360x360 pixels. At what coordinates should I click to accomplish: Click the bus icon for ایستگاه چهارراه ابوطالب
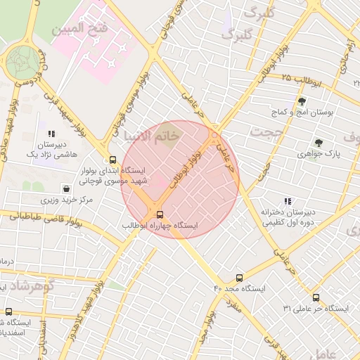point(160,214)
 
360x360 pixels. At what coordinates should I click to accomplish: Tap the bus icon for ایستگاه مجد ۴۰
point(240,277)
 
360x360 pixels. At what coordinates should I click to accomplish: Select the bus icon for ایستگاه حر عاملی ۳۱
point(316,297)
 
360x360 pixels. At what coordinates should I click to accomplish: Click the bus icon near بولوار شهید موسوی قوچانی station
point(113,160)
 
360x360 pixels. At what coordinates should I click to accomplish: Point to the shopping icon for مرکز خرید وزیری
point(66,188)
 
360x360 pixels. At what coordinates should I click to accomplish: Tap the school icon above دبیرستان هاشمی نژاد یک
point(51,134)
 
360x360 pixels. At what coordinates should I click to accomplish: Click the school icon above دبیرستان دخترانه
point(288,201)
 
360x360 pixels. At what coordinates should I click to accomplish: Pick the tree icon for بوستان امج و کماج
point(302,101)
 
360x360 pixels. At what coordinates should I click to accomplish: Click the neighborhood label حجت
point(268,133)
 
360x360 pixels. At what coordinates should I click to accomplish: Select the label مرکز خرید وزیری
point(67,200)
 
